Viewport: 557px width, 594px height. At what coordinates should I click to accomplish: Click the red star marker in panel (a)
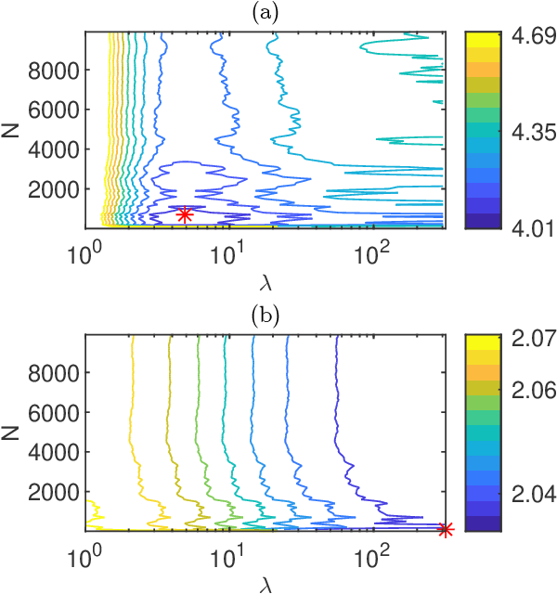(185, 214)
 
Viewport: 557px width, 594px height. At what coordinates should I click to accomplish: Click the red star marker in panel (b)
(445, 529)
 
